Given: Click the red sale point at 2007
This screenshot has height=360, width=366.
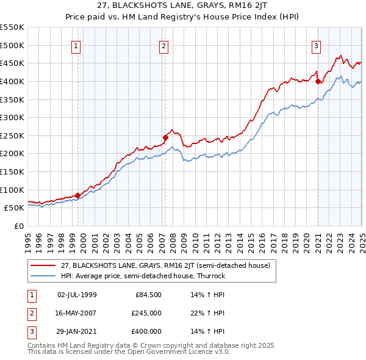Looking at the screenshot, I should pos(165,137).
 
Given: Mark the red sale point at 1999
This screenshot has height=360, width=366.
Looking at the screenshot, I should pos(77,195).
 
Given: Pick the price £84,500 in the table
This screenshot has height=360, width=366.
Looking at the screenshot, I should pos(148,294).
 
